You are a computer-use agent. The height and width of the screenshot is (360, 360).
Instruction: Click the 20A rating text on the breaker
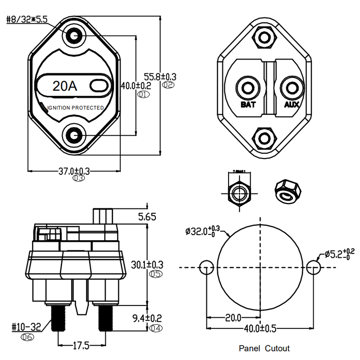[x=65, y=86]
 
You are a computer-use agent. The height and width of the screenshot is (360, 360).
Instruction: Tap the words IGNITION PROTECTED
[x=76, y=108]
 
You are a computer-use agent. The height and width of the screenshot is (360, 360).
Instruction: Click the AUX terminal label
[x=292, y=105]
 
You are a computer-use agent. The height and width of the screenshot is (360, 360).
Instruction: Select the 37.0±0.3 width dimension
[x=74, y=171]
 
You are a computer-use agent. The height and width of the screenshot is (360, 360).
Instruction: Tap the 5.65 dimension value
[x=147, y=217]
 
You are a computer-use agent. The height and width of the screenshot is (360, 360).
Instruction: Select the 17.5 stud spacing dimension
[x=81, y=346]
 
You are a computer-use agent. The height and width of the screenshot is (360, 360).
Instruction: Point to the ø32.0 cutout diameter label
[x=202, y=231]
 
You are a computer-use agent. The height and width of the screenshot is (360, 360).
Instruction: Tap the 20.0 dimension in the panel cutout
[x=234, y=318]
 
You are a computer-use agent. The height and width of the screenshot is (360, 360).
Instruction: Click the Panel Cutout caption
[x=264, y=348]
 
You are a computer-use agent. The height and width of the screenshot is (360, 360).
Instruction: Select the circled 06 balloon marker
[x=27, y=336]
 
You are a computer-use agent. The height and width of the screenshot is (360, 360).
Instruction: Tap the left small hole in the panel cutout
[x=206, y=268]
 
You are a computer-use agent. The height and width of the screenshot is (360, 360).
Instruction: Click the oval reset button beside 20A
[x=97, y=85]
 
